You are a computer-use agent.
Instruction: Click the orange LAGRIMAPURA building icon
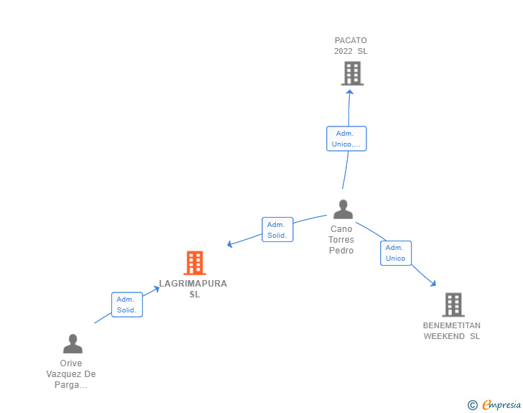194,263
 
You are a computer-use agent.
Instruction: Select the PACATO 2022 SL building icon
351,73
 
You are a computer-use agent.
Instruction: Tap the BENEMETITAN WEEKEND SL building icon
453,305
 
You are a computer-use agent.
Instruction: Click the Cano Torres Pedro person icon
343,209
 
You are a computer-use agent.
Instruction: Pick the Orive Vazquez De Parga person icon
72,343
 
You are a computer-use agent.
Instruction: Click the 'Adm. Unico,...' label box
346,139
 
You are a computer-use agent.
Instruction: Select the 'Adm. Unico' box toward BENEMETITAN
395,253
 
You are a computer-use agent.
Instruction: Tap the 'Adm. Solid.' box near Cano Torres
277,229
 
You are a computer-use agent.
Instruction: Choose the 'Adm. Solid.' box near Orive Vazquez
127,305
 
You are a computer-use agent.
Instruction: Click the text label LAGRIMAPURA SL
194,289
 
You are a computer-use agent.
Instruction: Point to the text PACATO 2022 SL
351,46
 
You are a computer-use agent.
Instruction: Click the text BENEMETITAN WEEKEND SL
452,330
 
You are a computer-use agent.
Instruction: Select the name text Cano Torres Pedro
341,240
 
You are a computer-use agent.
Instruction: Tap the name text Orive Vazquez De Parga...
71,374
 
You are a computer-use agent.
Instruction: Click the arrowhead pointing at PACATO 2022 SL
349,91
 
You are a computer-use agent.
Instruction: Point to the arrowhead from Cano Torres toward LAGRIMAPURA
230,244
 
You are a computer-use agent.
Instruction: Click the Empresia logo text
501,405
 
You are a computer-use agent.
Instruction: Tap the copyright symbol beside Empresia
472,405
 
